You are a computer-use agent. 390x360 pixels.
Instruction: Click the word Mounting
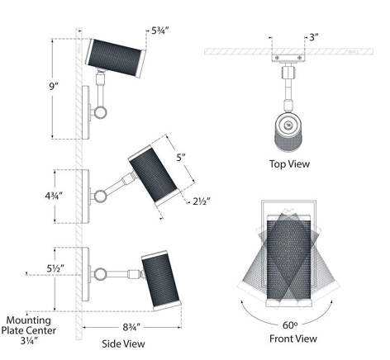(29, 319)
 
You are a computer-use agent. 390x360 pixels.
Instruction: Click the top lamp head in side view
(118, 54)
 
